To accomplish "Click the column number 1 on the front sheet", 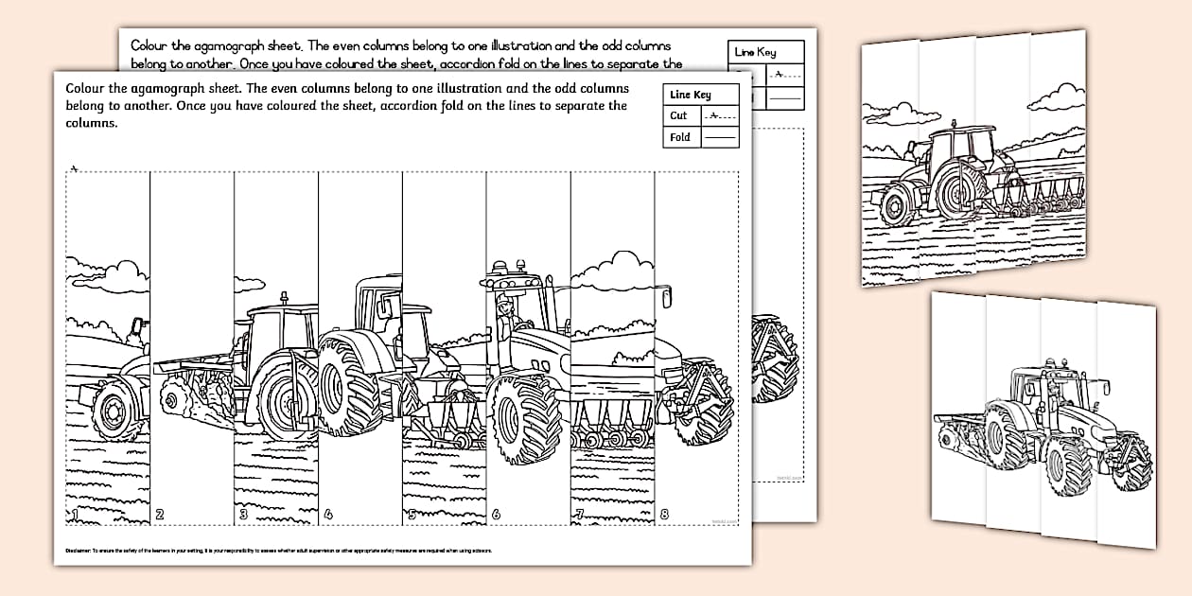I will (72, 515).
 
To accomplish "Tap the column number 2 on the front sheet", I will (160, 515).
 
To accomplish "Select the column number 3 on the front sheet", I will (243, 515).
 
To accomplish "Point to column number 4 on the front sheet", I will (327, 516).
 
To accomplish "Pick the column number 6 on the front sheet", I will (496, 516).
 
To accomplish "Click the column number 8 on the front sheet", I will (664, 516).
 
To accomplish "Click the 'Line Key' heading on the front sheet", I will (690, 95).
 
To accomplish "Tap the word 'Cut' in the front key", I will (679, 115).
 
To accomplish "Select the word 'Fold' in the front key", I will (680, 137).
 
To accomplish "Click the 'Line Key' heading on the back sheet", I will (755, 52).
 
